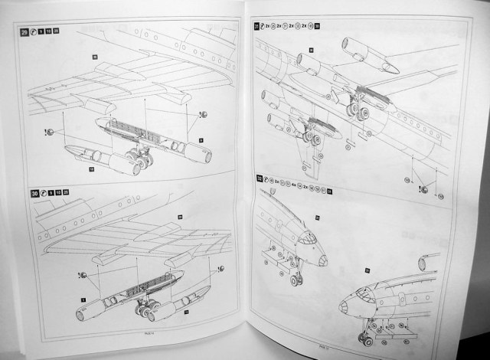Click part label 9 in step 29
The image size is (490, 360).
200,140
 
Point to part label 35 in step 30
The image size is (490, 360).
181,218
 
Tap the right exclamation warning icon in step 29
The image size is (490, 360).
204,113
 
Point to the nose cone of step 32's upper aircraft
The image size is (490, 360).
324,260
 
